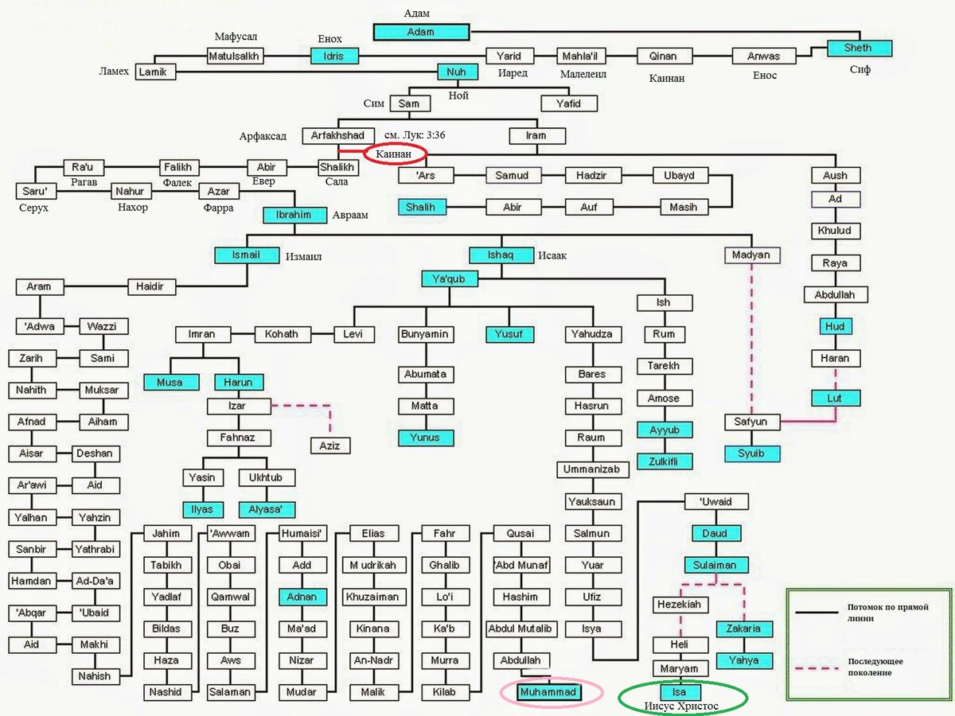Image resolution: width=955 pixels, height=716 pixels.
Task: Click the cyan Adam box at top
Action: coord(421,32)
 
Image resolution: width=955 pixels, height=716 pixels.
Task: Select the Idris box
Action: coord(334,56)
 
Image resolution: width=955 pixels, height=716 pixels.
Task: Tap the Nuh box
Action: coord(458,72)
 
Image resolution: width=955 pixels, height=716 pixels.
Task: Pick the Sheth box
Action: coord(857,48)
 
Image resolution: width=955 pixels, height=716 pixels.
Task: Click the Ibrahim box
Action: coord(294,215)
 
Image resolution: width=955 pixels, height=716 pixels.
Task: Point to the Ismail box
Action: coord(246,255)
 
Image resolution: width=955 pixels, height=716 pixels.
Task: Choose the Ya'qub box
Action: coord(449,278)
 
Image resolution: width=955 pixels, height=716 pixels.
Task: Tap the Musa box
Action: coord(169,382)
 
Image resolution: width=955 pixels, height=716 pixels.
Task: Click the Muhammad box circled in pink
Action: coord(550,693)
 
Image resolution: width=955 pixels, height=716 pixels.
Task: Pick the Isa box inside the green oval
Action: coord(679,692)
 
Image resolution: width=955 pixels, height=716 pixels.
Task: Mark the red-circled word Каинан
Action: coord(395,153)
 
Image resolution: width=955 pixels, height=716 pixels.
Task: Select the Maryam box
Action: coord(678,668)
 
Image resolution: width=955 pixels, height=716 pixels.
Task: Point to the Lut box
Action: coord(836,398)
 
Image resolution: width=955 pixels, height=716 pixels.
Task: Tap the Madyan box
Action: coord(752,255)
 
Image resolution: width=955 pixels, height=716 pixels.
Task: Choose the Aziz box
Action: coord(329,446)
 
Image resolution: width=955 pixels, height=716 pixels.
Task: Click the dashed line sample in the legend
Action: coord(820,667)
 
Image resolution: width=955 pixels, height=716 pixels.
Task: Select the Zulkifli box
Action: coord(664,461)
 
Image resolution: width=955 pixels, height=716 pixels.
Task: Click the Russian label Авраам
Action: coord(349,216)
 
